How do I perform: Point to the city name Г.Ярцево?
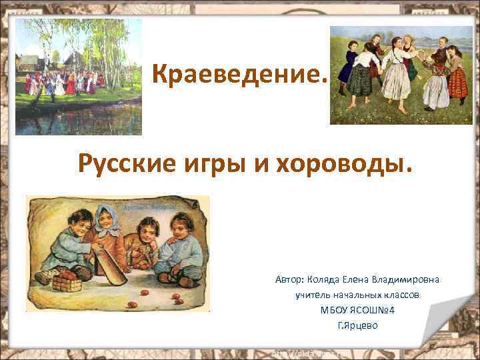[x=357, y=325]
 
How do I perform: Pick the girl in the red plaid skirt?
[x=458, y=90]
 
